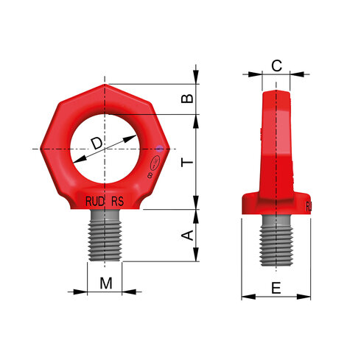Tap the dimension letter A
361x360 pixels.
pyautogui.click(x=188, y=236)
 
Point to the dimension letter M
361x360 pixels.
pyautogui.click(x=106, y=282)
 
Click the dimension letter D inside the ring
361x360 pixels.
pyautogui.click(x=97, y=143)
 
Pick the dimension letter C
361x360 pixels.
pyautogui.click(x=276, y=66)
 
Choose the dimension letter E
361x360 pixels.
pyautogui.click(x=276, y=289)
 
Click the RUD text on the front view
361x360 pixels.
pyautogui.click(x=94, y=201)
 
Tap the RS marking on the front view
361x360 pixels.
pyautogui.click(x=118, y=201)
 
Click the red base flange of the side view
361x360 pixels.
pyautogui.click(x=276, y=204)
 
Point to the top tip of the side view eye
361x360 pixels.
pyautogui.click(x=276, y=91)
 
